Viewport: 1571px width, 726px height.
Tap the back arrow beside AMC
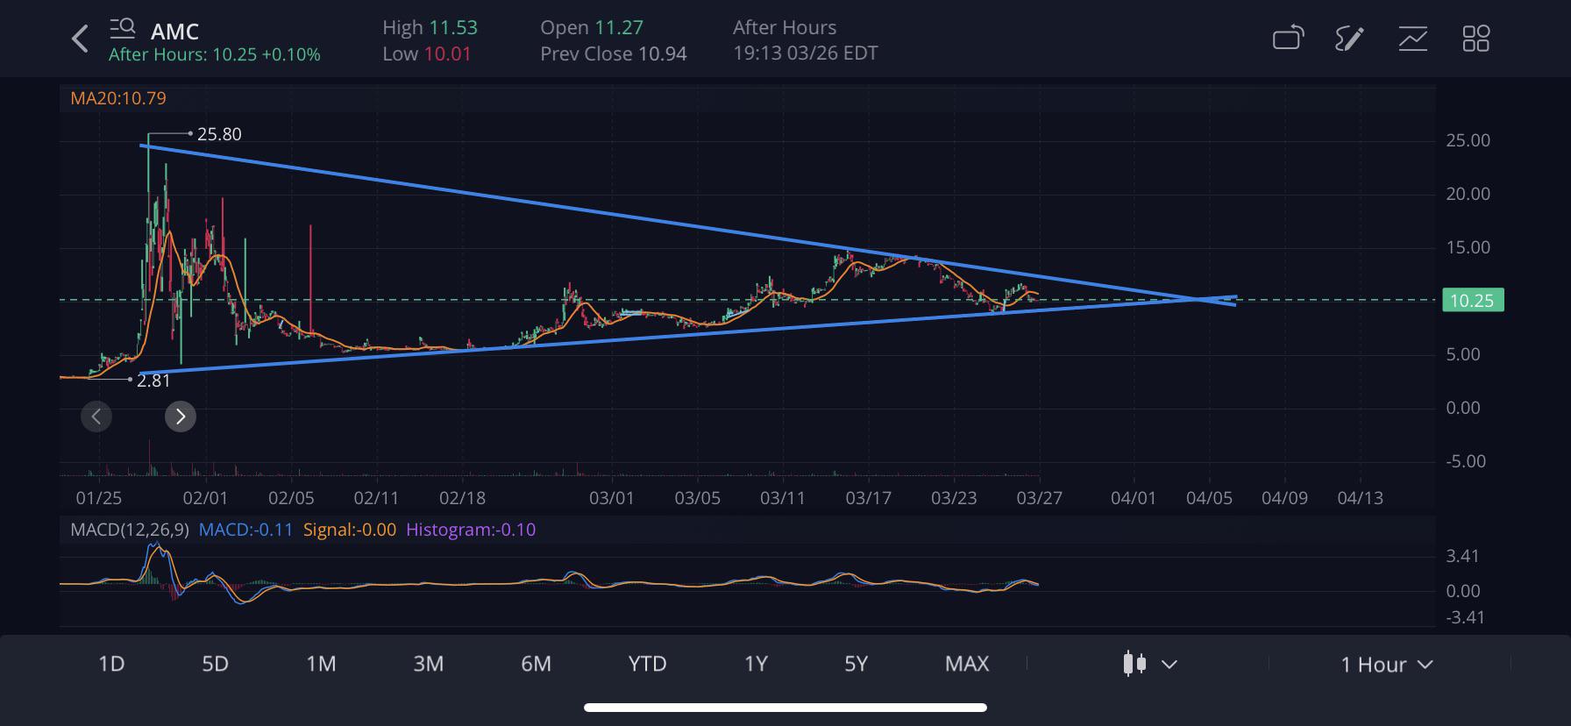click(x=80, y=39)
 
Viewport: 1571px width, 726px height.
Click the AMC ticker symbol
click(x=174, y=32)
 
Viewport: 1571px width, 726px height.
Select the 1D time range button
click(x=111, y=664)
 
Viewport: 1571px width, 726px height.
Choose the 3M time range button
click(x=428, y=664)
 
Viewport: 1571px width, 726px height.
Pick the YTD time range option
click(x=647, y=664)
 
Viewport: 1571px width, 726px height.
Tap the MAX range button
click(x=966, y=664)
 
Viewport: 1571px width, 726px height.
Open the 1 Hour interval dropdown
click(x=1385, y=665)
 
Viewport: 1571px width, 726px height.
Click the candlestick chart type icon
click(x=1135, y=664)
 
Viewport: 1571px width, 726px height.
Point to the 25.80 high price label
click(x=219, y=134)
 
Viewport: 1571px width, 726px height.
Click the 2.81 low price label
click(x=153, y=381)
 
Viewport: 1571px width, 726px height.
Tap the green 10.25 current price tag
click(x=1471, y=301)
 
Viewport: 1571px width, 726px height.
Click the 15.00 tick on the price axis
click(x=1468, y=247)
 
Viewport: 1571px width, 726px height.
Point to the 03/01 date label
click(x=611, y=498)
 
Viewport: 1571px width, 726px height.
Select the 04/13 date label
click(x=1360, y=498)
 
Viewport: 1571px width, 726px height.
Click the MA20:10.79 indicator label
click(x=118, y=98)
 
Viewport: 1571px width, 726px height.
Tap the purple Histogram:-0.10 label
click(x=471, y=530)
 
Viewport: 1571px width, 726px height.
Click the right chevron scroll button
click(x=181, y=416)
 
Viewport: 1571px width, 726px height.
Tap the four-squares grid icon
click(x=1475, y=39)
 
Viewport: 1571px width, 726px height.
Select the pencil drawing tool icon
click(x=1349, y=39)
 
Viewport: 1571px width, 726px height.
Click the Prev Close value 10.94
click(x=662, y=53)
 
